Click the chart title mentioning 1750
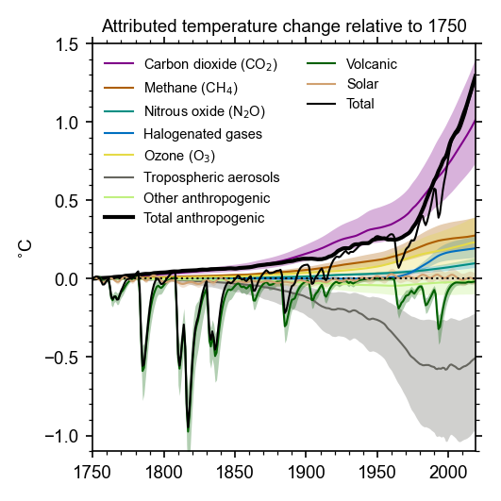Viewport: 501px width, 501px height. [x=284, y=25]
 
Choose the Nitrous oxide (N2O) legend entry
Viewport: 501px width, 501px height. [x=204, y=110]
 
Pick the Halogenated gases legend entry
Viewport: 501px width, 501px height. [x=203, y=133]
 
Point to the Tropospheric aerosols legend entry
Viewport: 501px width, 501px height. [x=211, y=176]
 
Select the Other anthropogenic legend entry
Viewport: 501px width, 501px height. [x=207, y=198]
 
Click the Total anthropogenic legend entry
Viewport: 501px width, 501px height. [x=203, y=219]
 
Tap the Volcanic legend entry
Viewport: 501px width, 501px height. [x=372, y=64]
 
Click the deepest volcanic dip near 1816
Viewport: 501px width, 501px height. [x=188, y=430]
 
